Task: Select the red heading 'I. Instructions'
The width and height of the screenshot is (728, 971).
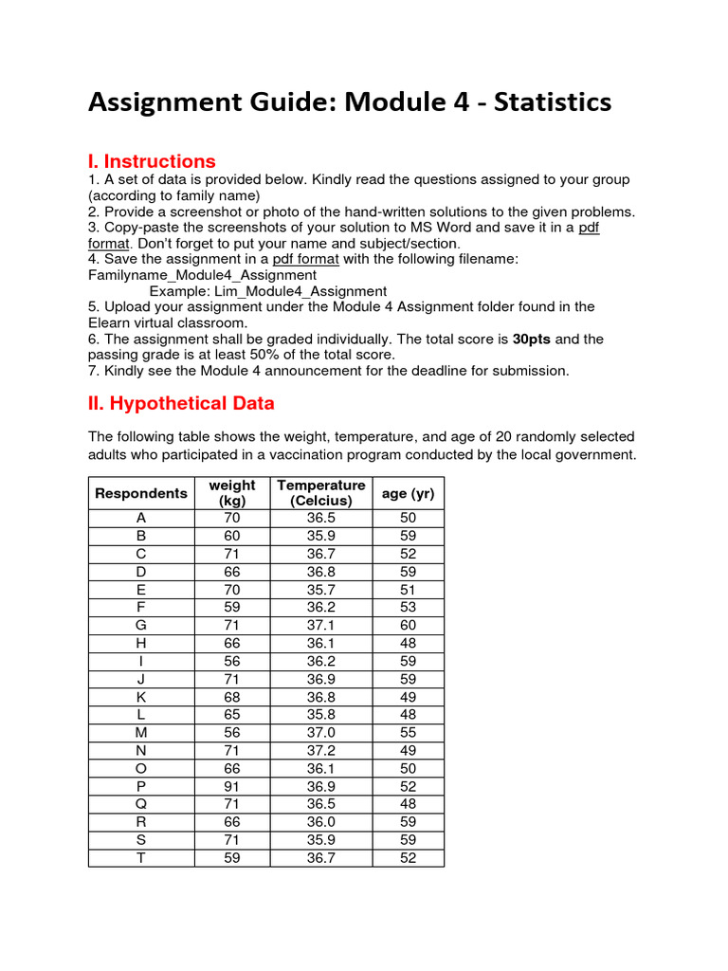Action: click(x=152, y=161)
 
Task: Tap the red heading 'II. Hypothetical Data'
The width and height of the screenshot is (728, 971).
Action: click(x=181, y=403)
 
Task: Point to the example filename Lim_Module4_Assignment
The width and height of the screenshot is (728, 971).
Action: click(x=268, y=291)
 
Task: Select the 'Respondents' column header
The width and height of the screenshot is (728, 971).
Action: click(x=141, y=493)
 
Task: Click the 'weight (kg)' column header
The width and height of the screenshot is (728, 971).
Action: click(x=232, y=493)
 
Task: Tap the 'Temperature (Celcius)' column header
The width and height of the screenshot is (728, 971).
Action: click(x=321, y=493)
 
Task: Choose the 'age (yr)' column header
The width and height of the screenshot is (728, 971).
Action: click(x=408, y=493)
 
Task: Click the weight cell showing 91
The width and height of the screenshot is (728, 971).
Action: click(x=232, y=787)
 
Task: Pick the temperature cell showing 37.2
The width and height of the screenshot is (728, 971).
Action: click(x=321, y=751)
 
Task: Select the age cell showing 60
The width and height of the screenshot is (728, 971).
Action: click(x=408, y=626)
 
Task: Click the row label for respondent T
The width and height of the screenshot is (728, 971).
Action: click(x=141, y=858)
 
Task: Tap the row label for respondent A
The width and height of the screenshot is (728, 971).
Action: click(x=141, y=519)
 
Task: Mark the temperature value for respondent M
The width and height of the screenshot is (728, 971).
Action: click(x=321, y=733)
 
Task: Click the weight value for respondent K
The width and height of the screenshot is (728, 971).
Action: click(x=232, y=697)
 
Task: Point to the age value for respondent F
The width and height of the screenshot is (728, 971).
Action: click(x=408, y=608)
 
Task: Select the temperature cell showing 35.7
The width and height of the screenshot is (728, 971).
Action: click(x=321, y=590)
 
